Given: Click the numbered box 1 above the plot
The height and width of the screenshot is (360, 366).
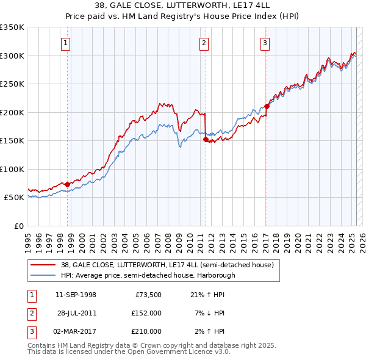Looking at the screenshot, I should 65,43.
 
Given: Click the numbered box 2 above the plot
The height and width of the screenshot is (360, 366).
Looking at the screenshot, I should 204,43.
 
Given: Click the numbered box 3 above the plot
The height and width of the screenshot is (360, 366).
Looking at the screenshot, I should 265,43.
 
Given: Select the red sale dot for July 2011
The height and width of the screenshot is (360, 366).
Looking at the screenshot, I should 206,140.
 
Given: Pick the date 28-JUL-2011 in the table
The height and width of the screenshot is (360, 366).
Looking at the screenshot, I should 76,313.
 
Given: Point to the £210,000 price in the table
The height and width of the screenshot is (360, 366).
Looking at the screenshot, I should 146,331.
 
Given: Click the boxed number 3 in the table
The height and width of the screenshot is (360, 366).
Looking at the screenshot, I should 31,331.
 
